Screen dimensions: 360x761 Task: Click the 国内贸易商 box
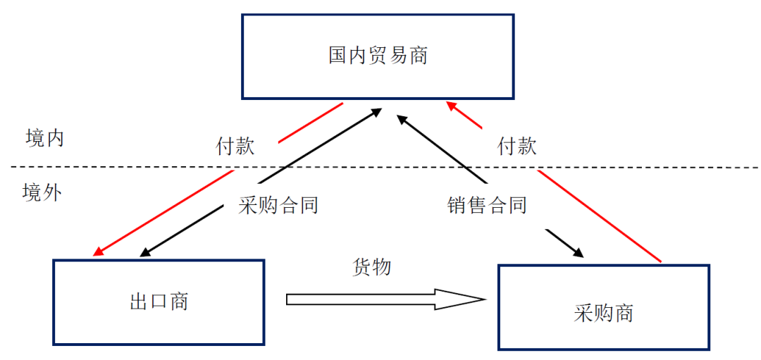click(378, 56)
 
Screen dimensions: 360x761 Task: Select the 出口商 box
click(159, 302)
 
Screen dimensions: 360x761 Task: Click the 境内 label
click(44, 137)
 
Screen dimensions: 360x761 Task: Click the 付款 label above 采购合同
click(235, 147)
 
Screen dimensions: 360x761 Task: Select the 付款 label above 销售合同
click(517, 146)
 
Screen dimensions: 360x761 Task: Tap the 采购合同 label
click(279, 205)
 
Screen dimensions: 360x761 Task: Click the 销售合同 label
click(487, 205)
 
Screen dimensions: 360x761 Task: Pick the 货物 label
click(371, 267)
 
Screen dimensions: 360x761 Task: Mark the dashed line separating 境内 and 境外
click(380, 168)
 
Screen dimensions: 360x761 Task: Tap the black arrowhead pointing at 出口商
click(147, 252)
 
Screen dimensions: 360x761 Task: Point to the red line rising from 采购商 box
click(599, 215)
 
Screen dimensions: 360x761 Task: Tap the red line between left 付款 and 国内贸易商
click(310, 123)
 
